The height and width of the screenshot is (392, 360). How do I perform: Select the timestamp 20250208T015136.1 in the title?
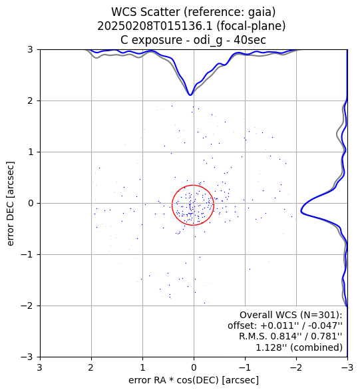[154, 26]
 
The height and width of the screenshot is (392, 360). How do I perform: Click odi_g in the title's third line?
[208, 41]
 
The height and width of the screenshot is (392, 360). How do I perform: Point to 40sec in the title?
[250, 40]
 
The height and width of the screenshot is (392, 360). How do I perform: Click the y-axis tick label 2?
[30, 101]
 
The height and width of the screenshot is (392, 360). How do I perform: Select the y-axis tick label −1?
[27, 255]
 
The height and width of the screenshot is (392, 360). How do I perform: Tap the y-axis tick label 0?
[31, 204]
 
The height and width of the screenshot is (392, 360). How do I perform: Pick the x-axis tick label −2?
[296, 367]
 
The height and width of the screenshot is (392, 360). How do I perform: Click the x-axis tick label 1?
[142, 367]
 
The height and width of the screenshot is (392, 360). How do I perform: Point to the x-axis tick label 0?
[194, 367]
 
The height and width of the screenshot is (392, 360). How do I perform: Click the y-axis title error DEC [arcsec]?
[10, 204]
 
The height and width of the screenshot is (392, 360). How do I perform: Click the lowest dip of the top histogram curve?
[190, 95]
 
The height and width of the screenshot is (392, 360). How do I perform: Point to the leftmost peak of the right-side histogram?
[301, 212]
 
